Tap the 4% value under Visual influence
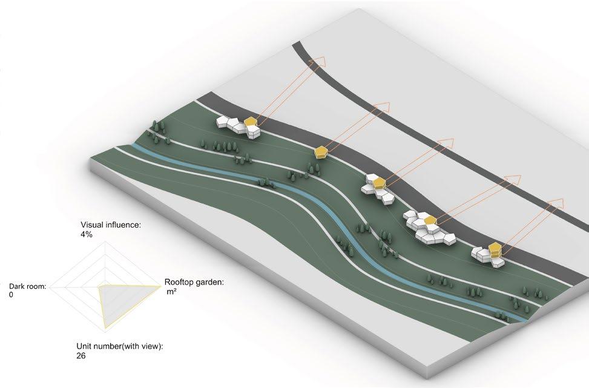tap(86, 234)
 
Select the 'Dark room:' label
tap(28, 286)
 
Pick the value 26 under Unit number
tap(81, 356)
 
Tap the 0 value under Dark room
tap(12, 295)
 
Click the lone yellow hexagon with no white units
tap(321, 152)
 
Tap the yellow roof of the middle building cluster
tap(379, 183)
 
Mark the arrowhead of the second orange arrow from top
tap(381, 109)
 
